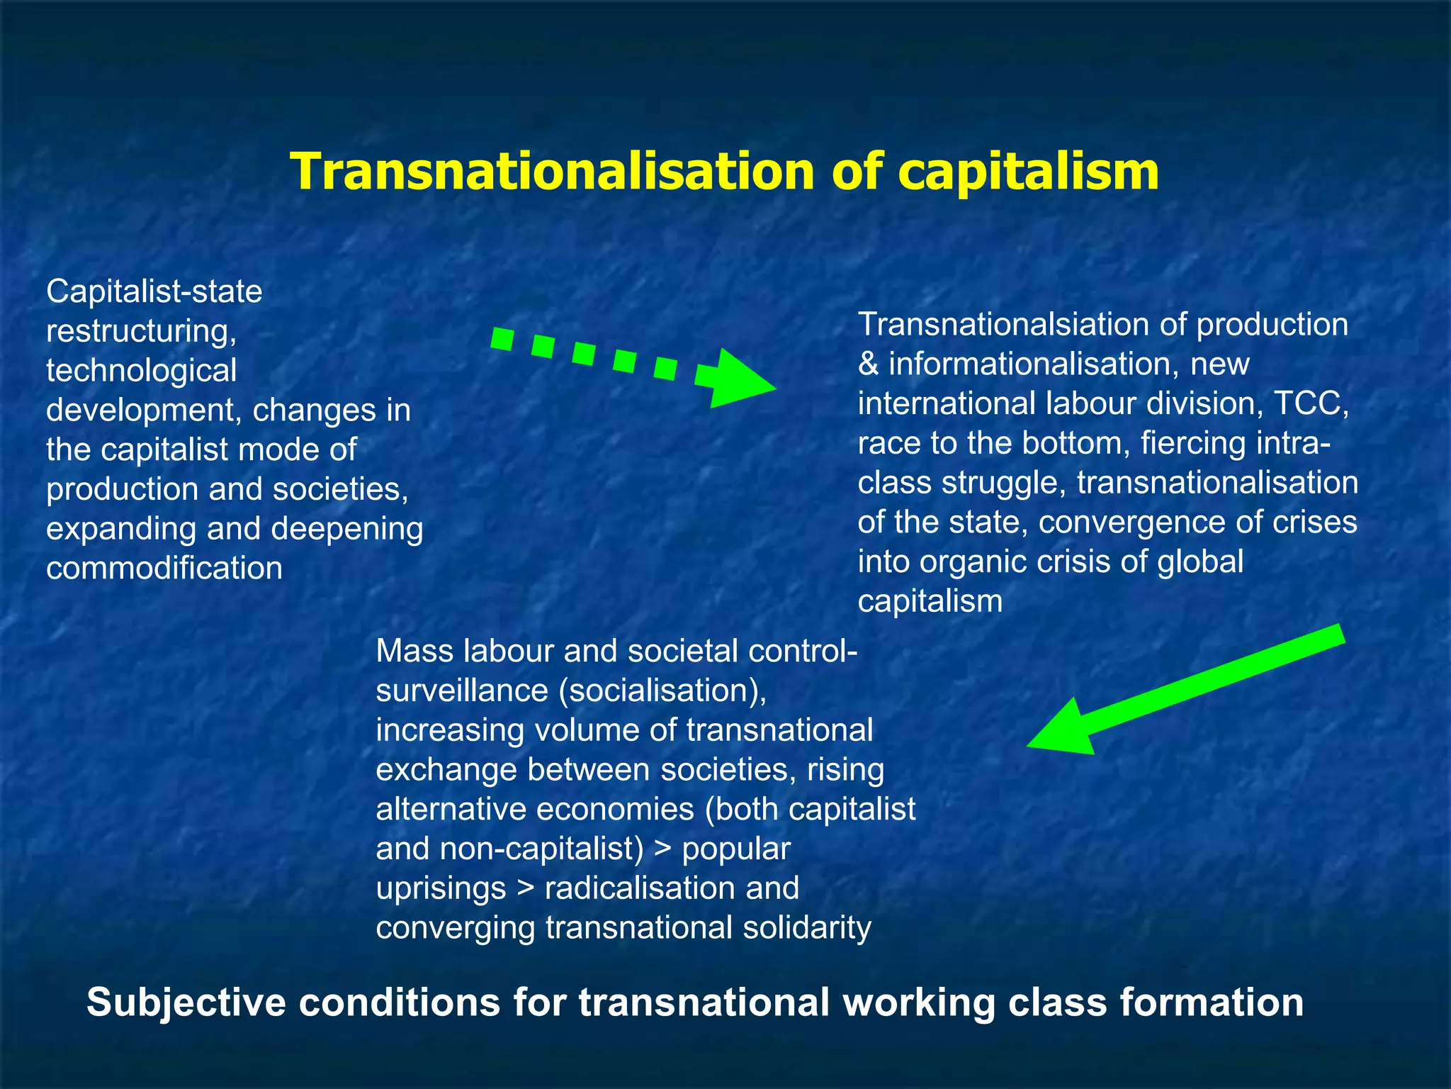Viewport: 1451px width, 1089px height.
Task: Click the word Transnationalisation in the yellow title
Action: point(553,172)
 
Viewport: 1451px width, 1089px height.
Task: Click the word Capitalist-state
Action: point(154,291)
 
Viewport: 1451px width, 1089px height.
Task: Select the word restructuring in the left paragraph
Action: point(141,331)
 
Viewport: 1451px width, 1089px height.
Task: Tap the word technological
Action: point(141,371)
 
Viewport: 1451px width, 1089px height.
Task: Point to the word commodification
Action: point(164,568)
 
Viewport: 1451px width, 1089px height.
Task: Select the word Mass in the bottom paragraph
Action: point(414,651)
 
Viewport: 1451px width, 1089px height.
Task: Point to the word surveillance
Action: point(461,691)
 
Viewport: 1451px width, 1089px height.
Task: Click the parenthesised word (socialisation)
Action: point(662,691)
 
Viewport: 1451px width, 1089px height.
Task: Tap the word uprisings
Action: point(441,888)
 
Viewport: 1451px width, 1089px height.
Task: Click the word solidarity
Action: point(807,928)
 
